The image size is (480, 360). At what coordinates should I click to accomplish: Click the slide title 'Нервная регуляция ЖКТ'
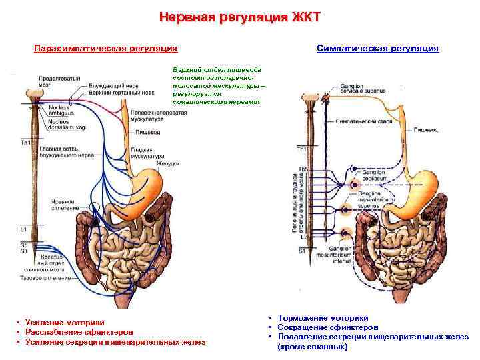point(239,17)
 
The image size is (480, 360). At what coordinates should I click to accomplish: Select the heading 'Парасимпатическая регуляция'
point(106,49)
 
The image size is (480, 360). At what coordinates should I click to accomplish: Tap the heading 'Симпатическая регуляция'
point(378,49)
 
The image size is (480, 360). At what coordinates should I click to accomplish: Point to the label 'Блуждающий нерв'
point(111,86)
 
